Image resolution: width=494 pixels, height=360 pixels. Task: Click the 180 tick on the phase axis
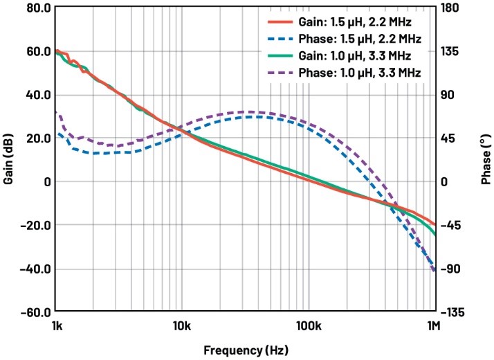click(452, 8)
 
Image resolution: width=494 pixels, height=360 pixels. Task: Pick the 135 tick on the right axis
click(452, 52)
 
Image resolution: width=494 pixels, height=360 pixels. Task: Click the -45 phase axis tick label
click(454, 225)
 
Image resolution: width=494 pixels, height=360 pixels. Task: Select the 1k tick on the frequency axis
click(55, 326)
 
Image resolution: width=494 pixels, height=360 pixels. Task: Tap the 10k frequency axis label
click(181, 326)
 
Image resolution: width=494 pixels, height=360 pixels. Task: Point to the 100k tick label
click(308, 326)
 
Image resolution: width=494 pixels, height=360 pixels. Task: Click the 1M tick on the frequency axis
click(434, 326)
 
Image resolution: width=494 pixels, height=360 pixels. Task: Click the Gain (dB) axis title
click(9, 160)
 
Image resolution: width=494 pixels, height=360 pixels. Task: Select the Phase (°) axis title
click(486, 160)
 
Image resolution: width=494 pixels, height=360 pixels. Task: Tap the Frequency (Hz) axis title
click(245, 350)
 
